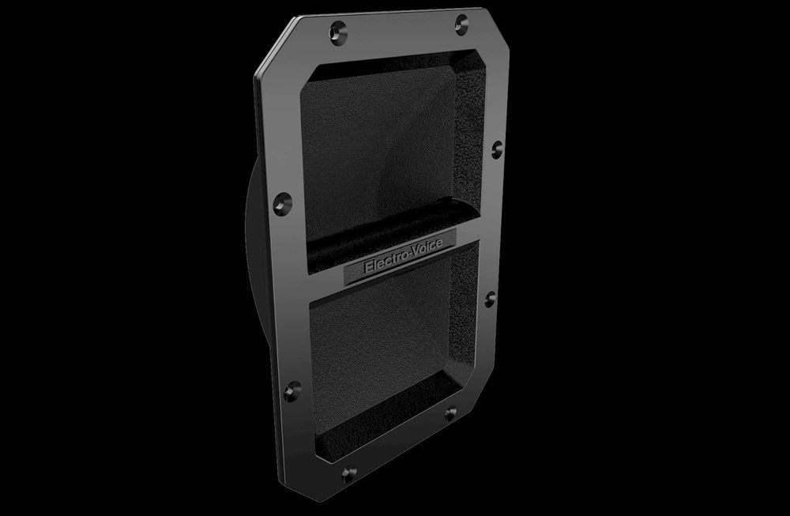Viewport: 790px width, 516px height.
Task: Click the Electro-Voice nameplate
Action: (400, 257)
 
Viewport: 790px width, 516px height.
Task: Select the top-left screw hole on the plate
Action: (338, 32)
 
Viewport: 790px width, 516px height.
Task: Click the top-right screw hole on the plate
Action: (461, 24)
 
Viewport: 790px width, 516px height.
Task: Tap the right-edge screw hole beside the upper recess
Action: (497, 149)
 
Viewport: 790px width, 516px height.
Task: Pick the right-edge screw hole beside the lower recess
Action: (491, 299)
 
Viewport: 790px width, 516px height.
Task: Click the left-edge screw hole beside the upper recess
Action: (283, 204)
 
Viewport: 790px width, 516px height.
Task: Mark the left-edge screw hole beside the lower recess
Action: (292, 391)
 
